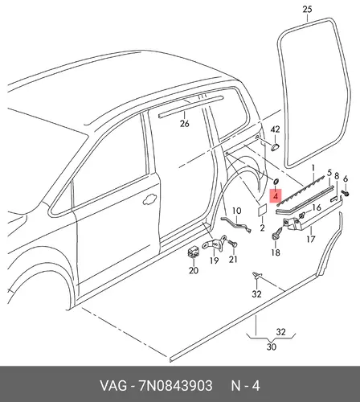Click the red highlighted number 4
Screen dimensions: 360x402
(x=276, y=196)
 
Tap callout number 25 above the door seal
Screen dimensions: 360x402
(x=307, y=10)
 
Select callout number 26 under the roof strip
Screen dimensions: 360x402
(x=184, y=124)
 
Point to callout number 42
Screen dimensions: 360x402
(x=275, y=129)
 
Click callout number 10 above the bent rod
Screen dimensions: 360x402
(x=236, y=211)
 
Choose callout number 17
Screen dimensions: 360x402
(x=311, y=239)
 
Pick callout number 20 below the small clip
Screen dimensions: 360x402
(x=194, y=270)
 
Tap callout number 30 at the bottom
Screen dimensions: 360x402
(x=272, y=347)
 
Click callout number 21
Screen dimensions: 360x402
(x=233, y=259)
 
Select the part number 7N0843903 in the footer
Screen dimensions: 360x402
(x=175, y=386)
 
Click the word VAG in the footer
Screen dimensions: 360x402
(x=113, y=386)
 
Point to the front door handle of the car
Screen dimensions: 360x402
(x=149, y=199)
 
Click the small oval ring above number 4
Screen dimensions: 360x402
(x=276, y=182)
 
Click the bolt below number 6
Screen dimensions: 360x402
(x=345, y=193)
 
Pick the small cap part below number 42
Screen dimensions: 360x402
(x=275, y=147)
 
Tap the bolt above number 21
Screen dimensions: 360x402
(x=232, y=244)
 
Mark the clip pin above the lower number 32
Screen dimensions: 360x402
(x=256, y=276)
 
